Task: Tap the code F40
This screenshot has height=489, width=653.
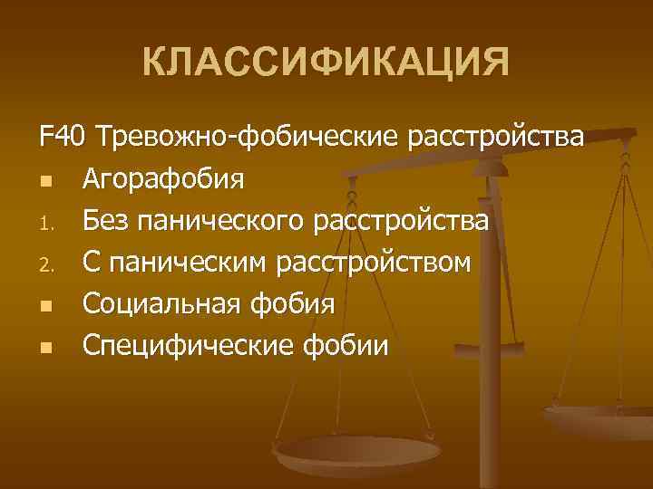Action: [62, 138]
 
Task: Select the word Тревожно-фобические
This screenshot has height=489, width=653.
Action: [248, 138]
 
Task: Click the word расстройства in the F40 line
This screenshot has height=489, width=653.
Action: [497, 138]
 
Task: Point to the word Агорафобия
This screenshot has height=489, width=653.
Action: [163, 178]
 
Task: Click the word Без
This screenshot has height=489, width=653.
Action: [105, 220]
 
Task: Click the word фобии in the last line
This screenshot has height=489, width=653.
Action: [346, 346]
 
